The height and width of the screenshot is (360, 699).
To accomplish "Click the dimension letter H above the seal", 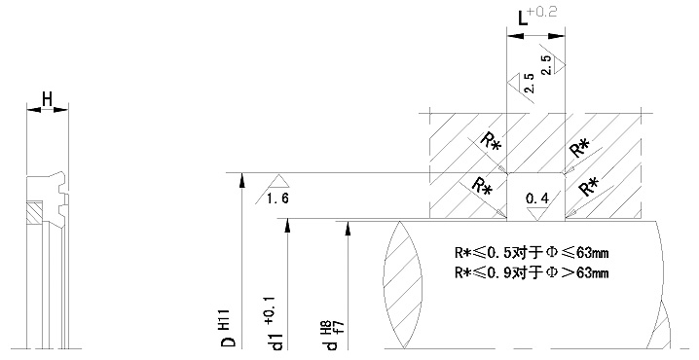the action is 48,99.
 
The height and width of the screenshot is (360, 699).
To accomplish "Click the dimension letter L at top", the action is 523,18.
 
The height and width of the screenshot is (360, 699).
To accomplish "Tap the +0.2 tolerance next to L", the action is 542,12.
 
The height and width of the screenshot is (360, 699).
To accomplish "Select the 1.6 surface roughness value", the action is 277,198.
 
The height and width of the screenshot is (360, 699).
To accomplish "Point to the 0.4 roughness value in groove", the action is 536,198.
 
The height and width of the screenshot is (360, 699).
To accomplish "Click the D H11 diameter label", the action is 229,328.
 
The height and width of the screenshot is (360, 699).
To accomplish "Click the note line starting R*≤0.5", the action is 532,253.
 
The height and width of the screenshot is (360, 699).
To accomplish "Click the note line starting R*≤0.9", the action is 532,272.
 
